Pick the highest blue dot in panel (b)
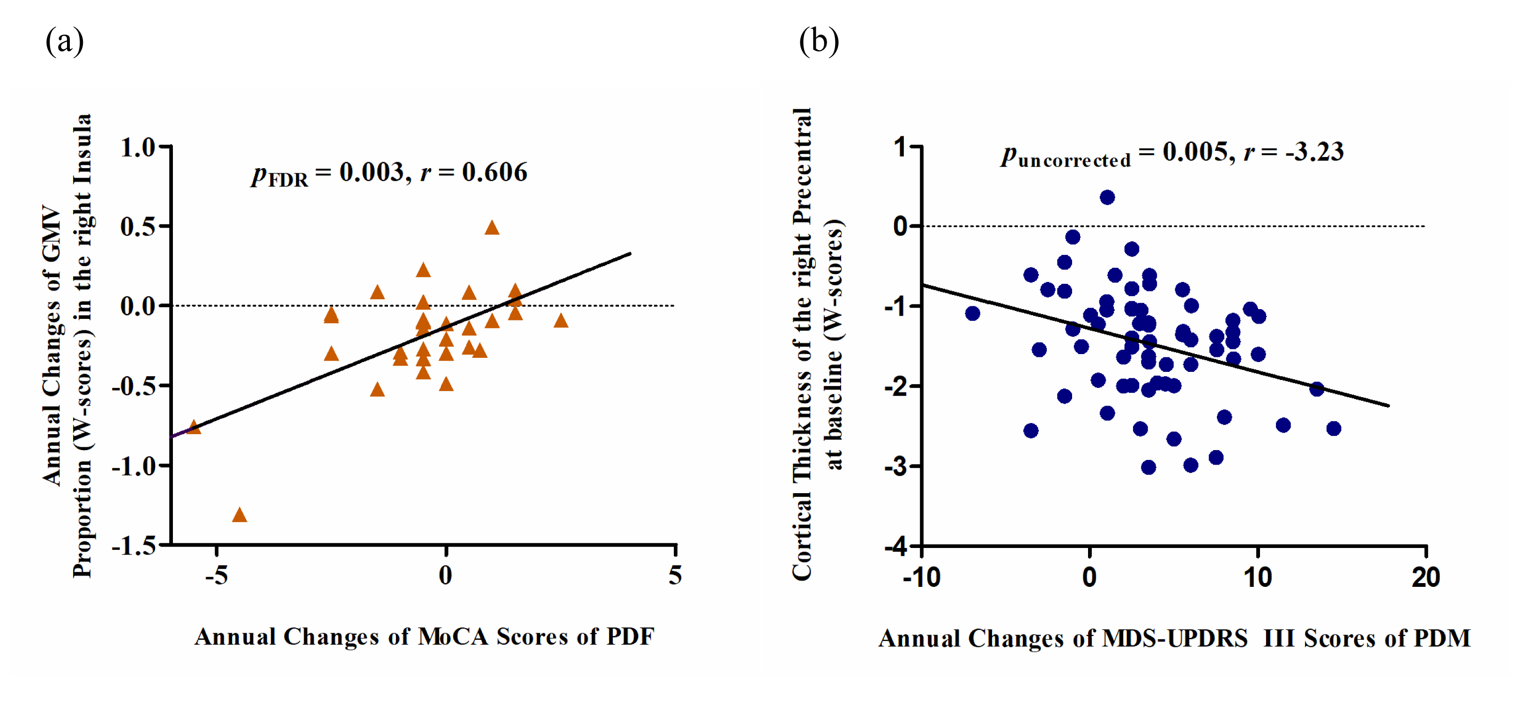pyautogui.click(x=1107, y=197)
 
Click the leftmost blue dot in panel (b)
pyautogui.click(x=972, y=313)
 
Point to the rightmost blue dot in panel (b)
pyautogui.click(x=1333, y=429)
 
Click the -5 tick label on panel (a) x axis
pyautogui.click(x=216, y=576)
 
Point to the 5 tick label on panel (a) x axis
pyautogui.click(x=675, y=576)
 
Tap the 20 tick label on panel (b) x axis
pyautogui.click(x=1425, y=577)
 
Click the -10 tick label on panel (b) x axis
pyautogui.click(x=921, y=577)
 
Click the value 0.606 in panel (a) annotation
pyautogui.click(x=494, y=172)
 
